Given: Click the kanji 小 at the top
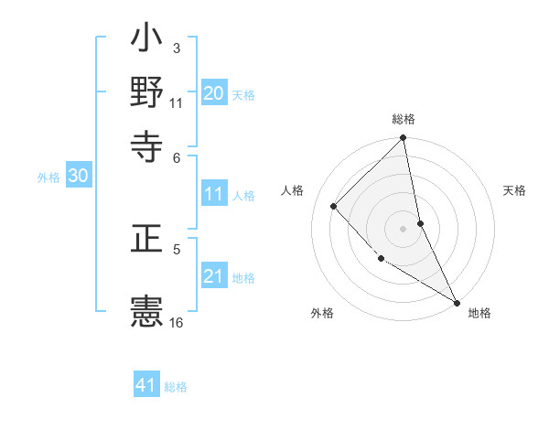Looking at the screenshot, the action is click(146, 41).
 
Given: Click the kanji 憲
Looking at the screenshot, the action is click(146, 311).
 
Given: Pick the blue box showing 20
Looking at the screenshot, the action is click(214, 92).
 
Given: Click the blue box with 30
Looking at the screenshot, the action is click(78, 177).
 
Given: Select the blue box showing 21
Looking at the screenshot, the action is click(214, 276).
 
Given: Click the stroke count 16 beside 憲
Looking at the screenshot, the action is click(177, 322).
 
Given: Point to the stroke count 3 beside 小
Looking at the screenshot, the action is click(176, 47).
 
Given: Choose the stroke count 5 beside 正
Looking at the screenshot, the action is click(177, 247).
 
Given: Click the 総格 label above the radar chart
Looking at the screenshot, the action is click(404, 119).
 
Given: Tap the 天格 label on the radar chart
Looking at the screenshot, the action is click(514, 190).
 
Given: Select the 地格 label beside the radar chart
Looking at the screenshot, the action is click(479, 313).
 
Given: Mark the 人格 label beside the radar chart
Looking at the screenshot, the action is click(293, 190).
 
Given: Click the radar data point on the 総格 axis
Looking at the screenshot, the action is click(404, 139).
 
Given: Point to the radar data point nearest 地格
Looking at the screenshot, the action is click(456, 302).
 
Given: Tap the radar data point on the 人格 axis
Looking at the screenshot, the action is click(334, 206).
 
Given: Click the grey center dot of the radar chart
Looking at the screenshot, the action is click(404, 228).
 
